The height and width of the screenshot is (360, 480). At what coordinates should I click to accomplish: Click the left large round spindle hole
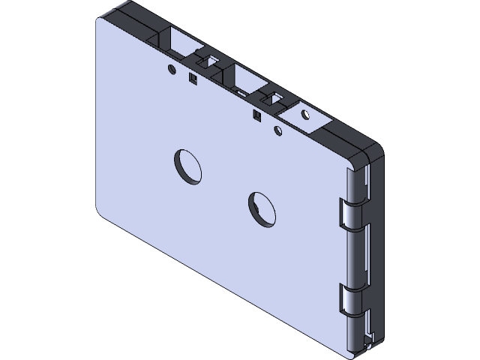(x=188, y=166)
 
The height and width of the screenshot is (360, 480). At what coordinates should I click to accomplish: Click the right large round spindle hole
(x=262, y=208)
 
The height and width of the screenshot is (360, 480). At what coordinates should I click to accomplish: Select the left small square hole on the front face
(x=192, y=76)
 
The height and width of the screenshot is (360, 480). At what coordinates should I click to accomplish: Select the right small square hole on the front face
(x=257, y=115)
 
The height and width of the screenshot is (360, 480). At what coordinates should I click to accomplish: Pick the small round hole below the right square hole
(x=278, y=131)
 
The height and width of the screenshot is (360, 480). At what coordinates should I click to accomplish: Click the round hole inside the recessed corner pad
(x=304, y=115)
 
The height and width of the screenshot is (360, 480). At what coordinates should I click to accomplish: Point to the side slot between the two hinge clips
(x=367, y=255)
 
